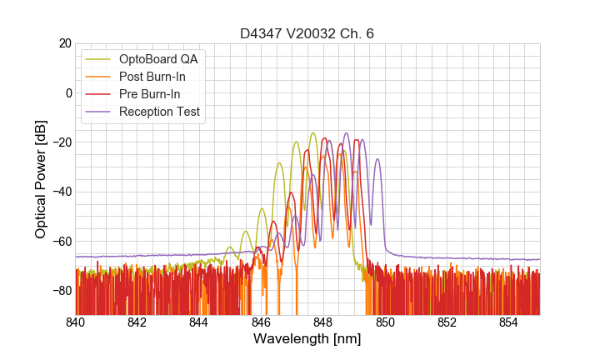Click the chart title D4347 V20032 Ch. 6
coord(307,33)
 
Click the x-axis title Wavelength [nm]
coord(307,339)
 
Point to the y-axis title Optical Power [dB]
coord(41,178)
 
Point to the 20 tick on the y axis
coord(64,43)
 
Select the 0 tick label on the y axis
coord(67,92)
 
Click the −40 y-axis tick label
coord(61,192)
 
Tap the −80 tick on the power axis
coord(61,291)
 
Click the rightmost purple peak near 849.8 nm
coord(377,159)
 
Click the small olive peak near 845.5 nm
coord(246,231)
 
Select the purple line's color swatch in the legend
coord(98,112)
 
